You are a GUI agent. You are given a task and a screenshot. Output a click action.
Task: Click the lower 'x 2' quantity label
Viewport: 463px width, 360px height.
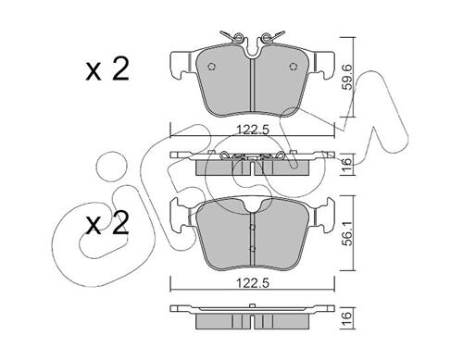pos(107,223)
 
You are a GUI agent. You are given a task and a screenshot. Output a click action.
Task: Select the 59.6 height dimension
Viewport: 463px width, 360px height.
pos(348,77)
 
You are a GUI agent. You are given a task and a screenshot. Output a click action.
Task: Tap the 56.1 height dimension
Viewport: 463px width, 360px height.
pos(348,233)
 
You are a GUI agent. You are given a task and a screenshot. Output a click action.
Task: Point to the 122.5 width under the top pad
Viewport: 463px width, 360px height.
pos(253,130)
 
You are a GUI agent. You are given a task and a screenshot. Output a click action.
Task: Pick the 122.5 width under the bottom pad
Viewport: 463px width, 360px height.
pos(253,283)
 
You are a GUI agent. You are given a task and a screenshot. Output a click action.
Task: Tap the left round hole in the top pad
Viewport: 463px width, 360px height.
pos(211,67)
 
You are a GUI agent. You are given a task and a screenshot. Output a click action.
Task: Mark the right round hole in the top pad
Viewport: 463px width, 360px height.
pos(293,67)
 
